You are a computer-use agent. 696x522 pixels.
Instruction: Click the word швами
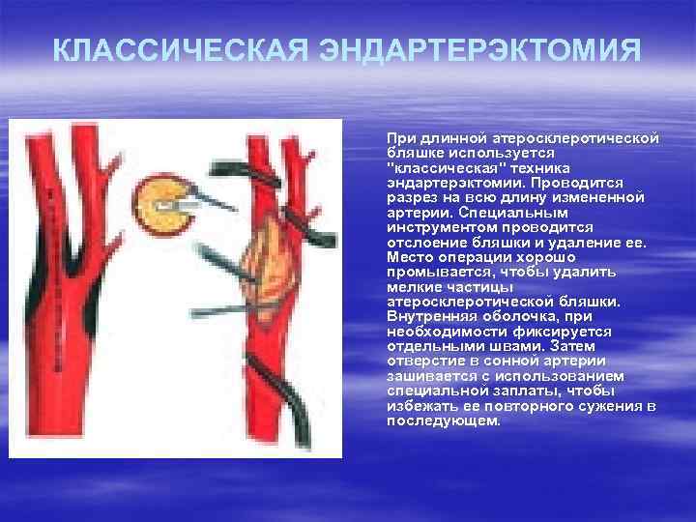click(493, 346)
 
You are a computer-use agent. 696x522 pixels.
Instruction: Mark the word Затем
click(547, 346)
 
